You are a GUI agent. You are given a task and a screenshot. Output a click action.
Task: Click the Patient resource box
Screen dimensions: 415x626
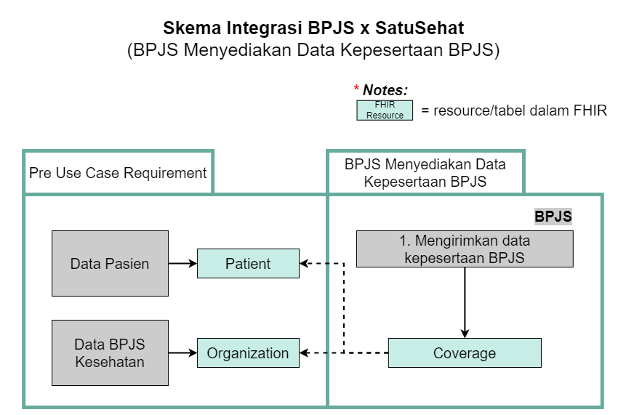point(248,263)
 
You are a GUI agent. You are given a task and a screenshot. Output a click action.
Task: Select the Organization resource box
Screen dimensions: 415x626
point(248,353)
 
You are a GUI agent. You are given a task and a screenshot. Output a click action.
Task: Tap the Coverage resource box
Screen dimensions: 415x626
point(464,353)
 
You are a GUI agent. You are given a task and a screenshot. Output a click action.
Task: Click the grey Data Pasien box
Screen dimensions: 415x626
point(110,263)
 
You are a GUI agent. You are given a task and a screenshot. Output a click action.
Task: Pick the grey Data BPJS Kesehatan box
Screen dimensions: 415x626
point(110,352)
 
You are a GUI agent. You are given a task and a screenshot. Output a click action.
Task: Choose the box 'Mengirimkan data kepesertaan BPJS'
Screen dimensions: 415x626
point(465,249)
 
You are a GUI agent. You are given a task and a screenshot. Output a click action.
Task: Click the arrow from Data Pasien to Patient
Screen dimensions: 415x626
point(182,263)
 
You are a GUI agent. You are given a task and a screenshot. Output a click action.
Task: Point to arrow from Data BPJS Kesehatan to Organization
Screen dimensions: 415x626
point(182,353)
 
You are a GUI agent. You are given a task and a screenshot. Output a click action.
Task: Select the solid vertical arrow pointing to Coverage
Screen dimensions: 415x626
point(465,302)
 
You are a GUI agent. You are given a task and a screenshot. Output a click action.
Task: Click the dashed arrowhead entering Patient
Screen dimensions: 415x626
point(305,263)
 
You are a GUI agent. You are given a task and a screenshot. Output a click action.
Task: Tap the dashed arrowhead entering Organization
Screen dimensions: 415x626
point(305,353)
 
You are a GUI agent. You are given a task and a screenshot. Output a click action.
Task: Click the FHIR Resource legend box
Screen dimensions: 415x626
point(385,110)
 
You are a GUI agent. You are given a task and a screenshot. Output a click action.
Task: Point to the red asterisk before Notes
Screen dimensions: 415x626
point(357,89)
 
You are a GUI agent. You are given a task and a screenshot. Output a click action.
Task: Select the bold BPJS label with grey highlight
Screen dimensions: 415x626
point(553,217)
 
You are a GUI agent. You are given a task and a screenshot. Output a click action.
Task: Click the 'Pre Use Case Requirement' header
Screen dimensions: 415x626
point(118,173)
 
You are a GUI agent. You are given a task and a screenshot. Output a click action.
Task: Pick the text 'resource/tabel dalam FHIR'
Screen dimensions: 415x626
point(520,110)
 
